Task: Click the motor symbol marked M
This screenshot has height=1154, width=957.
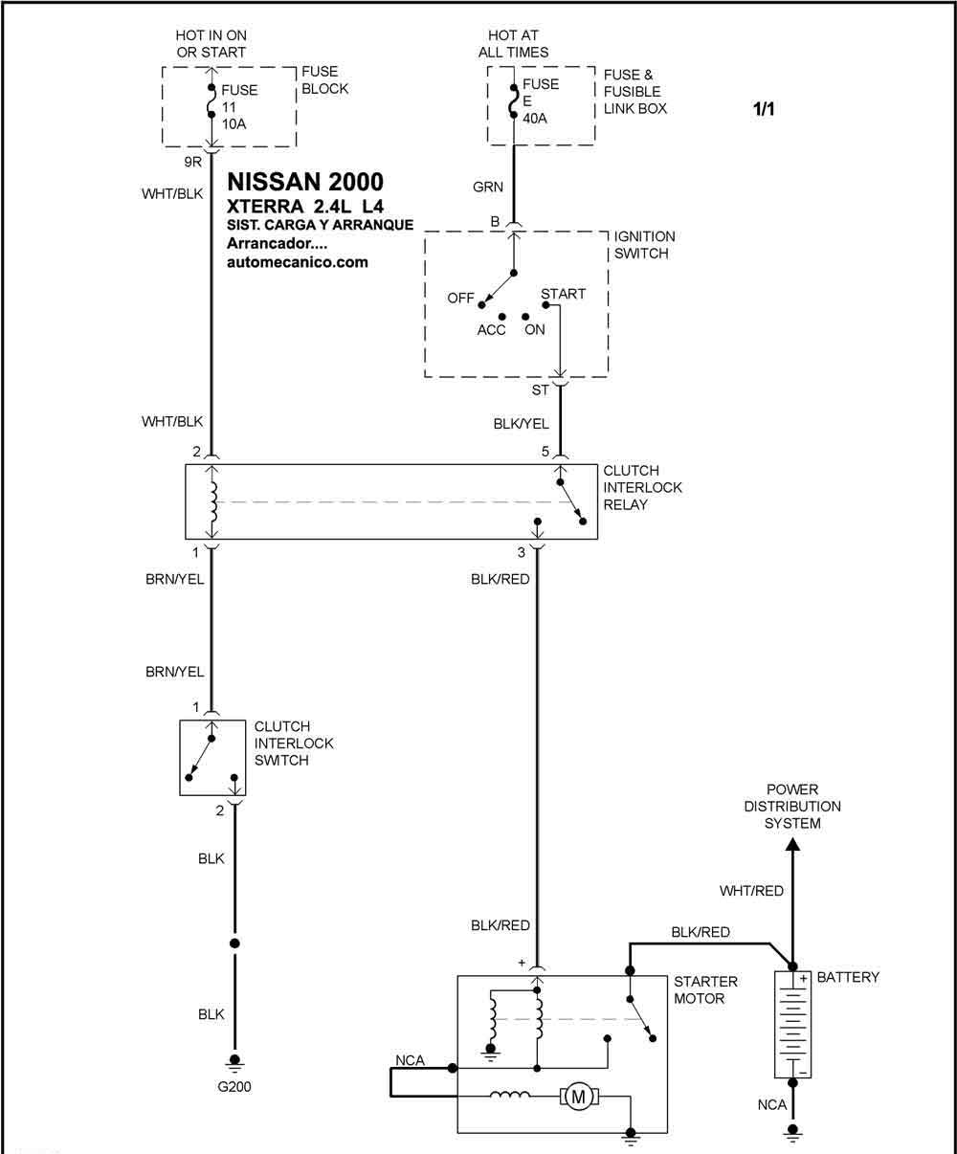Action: click(x=577, y=1098)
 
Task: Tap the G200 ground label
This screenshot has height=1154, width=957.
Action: click(x=234, y=1087)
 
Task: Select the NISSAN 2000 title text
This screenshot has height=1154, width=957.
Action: click(x=305, y=182)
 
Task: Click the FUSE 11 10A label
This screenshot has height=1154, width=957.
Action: click(x=240, y=107)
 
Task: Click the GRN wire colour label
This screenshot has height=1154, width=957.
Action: click(x=488, y=188)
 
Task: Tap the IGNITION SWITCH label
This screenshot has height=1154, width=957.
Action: click(x=644, y=245)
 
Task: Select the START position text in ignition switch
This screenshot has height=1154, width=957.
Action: click(x=563, y=294)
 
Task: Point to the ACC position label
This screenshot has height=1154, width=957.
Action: click(x=491, y=330)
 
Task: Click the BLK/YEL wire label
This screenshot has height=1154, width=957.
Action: click(x=521, y=423)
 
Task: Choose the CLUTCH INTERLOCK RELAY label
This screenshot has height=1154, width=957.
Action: click(x=643, y=487)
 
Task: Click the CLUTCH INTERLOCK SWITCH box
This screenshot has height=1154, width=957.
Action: click(x=213, y=757)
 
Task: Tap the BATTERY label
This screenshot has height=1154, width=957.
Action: click(x=848, y=977)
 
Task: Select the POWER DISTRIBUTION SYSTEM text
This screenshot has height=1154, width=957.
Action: click(x=792, y=807)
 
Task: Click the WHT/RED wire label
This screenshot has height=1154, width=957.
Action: click(x=751, y=891)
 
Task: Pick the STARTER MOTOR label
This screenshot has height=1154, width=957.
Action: click(x=705, y=989)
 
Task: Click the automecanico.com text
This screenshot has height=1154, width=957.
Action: click(x=297, y=262)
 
